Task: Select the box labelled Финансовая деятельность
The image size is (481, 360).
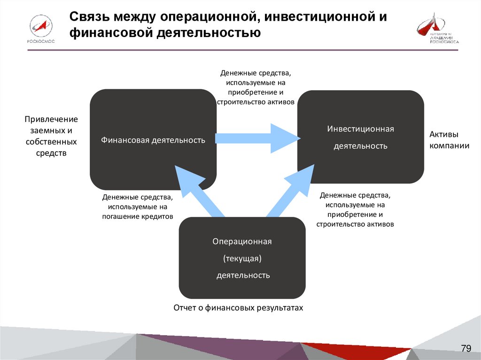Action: (153, 139)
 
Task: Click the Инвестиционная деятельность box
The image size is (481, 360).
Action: (360, 137)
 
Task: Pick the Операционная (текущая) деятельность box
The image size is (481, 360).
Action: (242, 258)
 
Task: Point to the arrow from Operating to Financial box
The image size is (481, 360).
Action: (197, 191)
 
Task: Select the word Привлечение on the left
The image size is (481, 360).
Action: (51, 119)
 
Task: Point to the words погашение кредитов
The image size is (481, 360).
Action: (138, 216)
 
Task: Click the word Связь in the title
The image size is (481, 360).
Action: (90, 17)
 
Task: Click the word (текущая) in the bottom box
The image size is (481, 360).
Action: (242, 258)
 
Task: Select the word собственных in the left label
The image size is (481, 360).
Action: (51, 142)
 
